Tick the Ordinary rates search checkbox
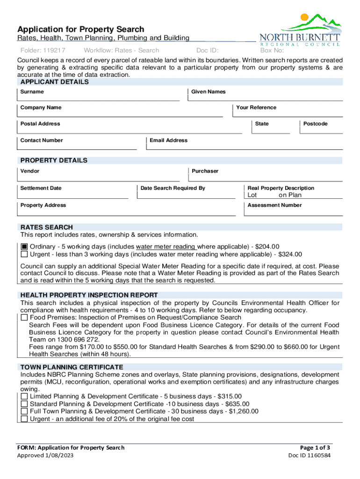[24, 247]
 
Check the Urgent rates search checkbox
[24, 254]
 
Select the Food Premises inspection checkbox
[24, 318]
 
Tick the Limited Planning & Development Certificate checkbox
[24, 396]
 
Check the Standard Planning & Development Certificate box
[24, 404]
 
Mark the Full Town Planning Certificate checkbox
[24, 412]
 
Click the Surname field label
[32, 92]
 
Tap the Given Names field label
[208, 92]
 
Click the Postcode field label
[315, 124]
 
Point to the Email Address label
[168, 140]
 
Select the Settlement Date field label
[41, 188]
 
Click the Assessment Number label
[274, 205]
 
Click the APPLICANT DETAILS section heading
[54, 82]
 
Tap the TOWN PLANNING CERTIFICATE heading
[72, 367]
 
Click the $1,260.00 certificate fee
[243, 412]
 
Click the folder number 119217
[53, 51]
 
